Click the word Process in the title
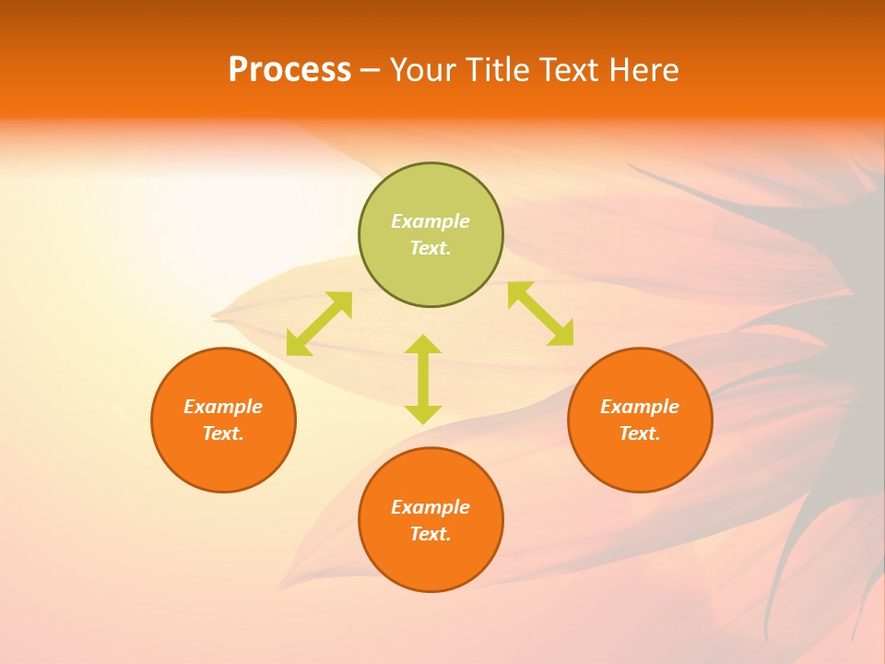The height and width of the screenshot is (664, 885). point(289,70)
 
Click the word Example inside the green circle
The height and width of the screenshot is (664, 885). point(431,221)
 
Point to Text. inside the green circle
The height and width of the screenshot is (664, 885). point(431,248)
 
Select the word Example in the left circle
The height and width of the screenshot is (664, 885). point(223,407)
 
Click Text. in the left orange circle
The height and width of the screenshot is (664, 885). point(223,433)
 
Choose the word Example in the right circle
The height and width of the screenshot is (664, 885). point(640,407)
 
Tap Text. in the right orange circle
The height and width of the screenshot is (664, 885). point(640,433)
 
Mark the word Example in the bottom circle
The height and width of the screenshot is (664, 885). point(431,507)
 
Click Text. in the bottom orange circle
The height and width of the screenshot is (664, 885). point(431,534)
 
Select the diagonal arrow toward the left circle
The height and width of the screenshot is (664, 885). point(319,324)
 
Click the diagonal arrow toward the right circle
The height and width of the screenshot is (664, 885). point(541,314)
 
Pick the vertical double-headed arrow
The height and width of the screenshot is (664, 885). point(423,379)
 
